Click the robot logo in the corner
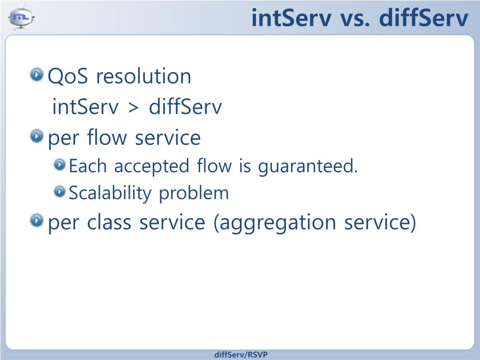coord(21,17)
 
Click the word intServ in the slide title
coord(292,18)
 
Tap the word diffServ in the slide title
coord(424,18)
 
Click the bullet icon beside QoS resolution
coord(37,75)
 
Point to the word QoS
coord(67,76)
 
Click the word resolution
coord(143,75)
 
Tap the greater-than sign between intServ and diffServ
coord(133,107)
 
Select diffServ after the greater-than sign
coord(185,106)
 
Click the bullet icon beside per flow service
coord(37,136)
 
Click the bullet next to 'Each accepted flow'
coord(60,165)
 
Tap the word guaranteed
coord(307,166)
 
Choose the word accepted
coord(151,166)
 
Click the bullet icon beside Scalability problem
coord(60,192)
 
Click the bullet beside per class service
coord(37,220)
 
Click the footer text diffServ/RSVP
coord(241,354)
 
